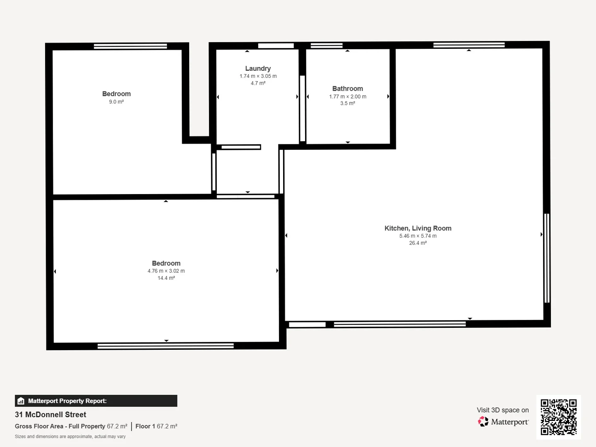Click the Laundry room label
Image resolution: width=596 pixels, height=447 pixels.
(x=258, y=68)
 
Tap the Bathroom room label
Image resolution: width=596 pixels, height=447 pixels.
(x=348, y=89)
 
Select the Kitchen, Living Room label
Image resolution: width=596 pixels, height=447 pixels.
(x=418, y=228)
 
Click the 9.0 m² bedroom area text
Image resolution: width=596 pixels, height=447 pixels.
(x=116, y=102)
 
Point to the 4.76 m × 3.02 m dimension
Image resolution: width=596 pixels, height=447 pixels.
(x=166, y=271)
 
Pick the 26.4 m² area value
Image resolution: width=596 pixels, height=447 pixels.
(x=418, y=243)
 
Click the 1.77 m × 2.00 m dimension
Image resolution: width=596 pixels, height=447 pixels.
(x=348, y=96)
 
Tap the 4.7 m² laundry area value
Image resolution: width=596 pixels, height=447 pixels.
(x=258, y=83)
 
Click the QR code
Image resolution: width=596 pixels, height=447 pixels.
(x=558, y=417)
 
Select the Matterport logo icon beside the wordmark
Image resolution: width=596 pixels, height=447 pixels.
(x=483, y=422)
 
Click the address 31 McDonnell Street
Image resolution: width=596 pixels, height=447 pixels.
(x=50, y=414)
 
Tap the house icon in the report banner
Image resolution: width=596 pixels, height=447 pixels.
(x=21, y=401)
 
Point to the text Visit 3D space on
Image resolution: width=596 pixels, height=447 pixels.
(x=502, y=410)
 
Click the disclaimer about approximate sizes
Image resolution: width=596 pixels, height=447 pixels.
(x=70, y=437)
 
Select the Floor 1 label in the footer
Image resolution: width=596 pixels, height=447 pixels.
(x=145, y=426)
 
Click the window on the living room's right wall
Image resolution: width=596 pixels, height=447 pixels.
(x=547, y=258)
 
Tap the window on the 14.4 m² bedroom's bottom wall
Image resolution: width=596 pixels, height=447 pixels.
(x=166, y=346)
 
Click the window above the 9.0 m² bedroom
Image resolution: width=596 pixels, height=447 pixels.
(x=130, y=46)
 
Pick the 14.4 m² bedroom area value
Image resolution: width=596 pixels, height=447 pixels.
(x=166, y=278)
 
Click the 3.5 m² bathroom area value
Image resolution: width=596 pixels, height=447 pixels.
(x=348, y=103)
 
